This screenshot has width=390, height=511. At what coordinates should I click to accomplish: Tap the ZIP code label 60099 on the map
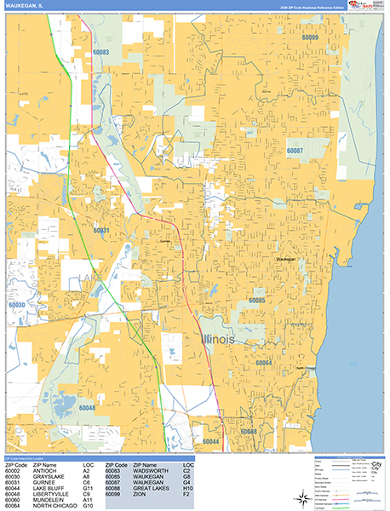(309, 38)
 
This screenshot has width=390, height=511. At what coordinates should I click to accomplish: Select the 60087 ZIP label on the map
(295, 150)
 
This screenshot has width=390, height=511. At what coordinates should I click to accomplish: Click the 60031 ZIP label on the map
(101, 231)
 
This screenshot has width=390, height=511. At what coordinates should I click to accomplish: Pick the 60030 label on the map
(17, 304)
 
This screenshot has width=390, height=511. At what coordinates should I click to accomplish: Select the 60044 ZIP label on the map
(211, 442)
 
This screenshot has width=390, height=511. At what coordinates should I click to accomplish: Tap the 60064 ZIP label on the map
(262, 364)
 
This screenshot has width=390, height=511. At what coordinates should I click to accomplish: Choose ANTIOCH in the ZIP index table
(46, 470)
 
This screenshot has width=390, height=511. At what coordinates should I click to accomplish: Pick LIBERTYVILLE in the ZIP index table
(53, 494)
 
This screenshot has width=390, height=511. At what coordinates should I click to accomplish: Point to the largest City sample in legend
(371, 465)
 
